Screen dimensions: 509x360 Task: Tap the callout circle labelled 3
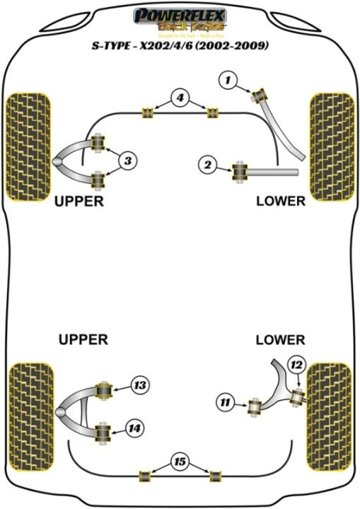[x=128, y=160]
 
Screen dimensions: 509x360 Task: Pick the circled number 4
[x=180, y=98]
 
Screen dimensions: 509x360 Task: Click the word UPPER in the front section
[x=79, y=201]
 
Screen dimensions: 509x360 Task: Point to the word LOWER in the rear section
[x=280, y=340]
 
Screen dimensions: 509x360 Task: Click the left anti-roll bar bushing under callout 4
[x=147, y=112]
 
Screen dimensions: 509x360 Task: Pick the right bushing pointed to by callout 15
[x=215, y=475]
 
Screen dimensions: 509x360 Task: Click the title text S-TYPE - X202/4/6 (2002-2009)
[x=180, y=46]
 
